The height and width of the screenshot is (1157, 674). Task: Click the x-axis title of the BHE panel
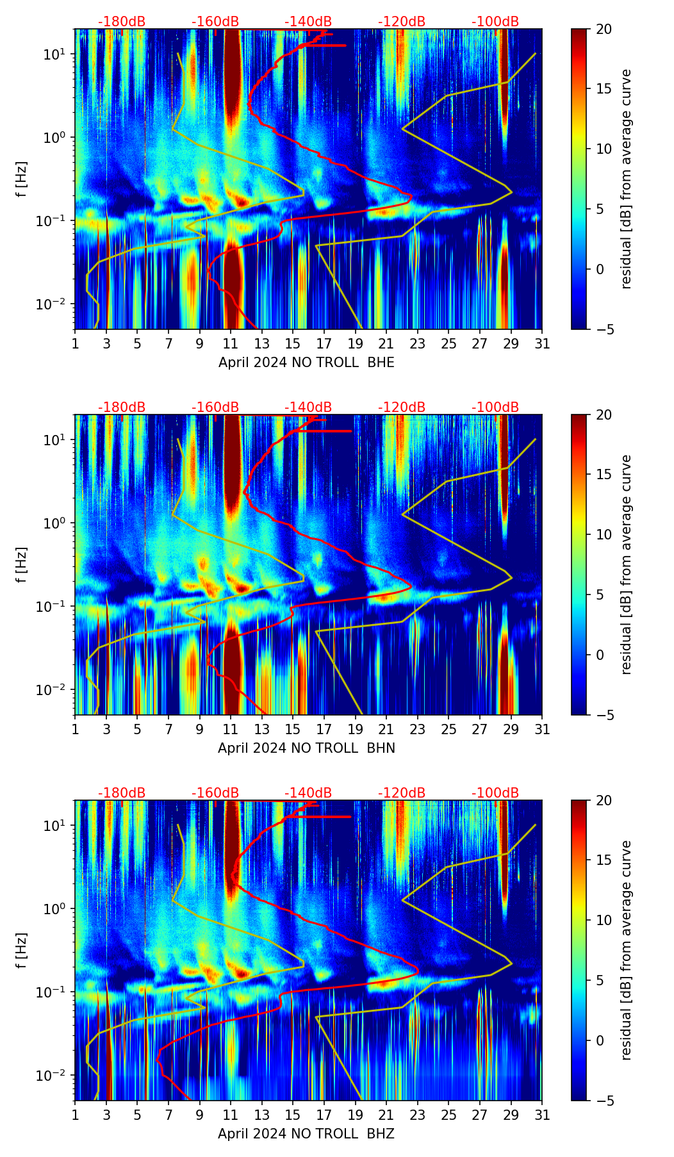pos(306,363)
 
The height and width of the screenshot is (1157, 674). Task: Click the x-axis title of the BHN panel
pos(306,748)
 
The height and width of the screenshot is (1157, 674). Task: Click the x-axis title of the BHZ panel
pos(306,1134)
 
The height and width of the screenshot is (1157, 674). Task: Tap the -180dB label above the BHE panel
pos(122,22)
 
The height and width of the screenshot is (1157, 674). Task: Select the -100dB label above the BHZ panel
pos(495,793)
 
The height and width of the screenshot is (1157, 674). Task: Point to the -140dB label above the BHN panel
pos(308,407)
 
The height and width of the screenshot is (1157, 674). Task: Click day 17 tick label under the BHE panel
pos(324,344)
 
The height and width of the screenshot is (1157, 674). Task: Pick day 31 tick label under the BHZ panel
pos(542,1115)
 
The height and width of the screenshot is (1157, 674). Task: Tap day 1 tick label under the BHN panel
pos(76,730)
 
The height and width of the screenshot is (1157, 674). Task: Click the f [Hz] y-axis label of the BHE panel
pos(22,179)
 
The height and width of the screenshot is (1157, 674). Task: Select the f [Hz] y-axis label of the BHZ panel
pos(22,951)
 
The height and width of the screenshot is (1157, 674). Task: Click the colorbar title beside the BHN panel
pos(626,564)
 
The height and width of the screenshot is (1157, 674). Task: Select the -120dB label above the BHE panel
pos(402,22)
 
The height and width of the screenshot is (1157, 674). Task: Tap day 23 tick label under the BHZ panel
pos(418,1115)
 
